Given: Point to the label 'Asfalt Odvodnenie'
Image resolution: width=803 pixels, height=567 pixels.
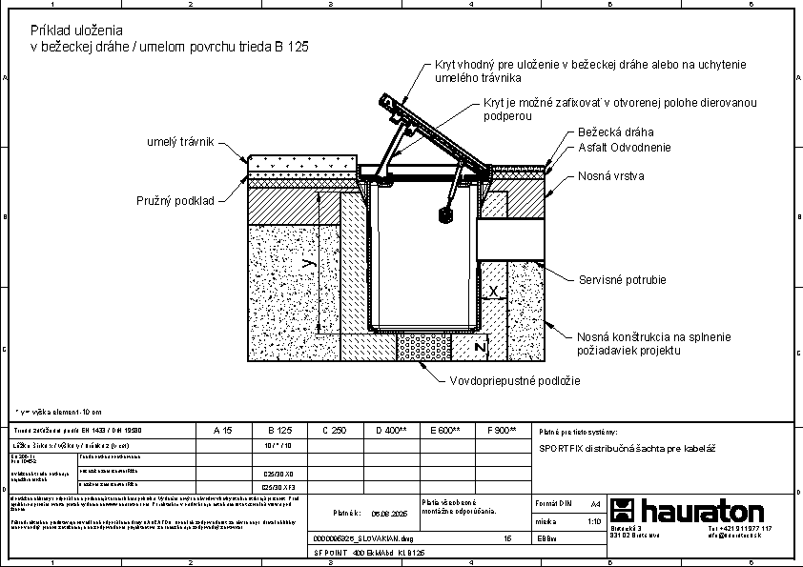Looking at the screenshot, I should pos(625,148).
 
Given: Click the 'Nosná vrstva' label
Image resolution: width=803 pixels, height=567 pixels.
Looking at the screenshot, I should pos(609,176).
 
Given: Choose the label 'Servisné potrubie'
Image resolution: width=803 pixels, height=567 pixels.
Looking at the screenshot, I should pos(622,280).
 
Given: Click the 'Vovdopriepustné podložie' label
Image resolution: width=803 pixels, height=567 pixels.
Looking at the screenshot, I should pos(514,380).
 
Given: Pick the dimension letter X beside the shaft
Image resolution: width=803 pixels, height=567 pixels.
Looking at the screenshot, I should pos(492,290).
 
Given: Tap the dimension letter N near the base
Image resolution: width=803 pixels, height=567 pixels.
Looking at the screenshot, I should pos(481,349).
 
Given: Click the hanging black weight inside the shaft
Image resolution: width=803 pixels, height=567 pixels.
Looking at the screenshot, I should pos(443,215).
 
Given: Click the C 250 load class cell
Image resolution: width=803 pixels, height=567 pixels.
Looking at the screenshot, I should pos(334,431).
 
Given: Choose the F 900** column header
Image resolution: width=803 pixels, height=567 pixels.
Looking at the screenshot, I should pos(501,431).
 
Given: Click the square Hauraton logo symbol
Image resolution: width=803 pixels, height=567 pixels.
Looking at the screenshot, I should pos(623,510).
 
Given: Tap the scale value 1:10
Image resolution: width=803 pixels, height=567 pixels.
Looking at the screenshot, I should pos(595,522).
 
